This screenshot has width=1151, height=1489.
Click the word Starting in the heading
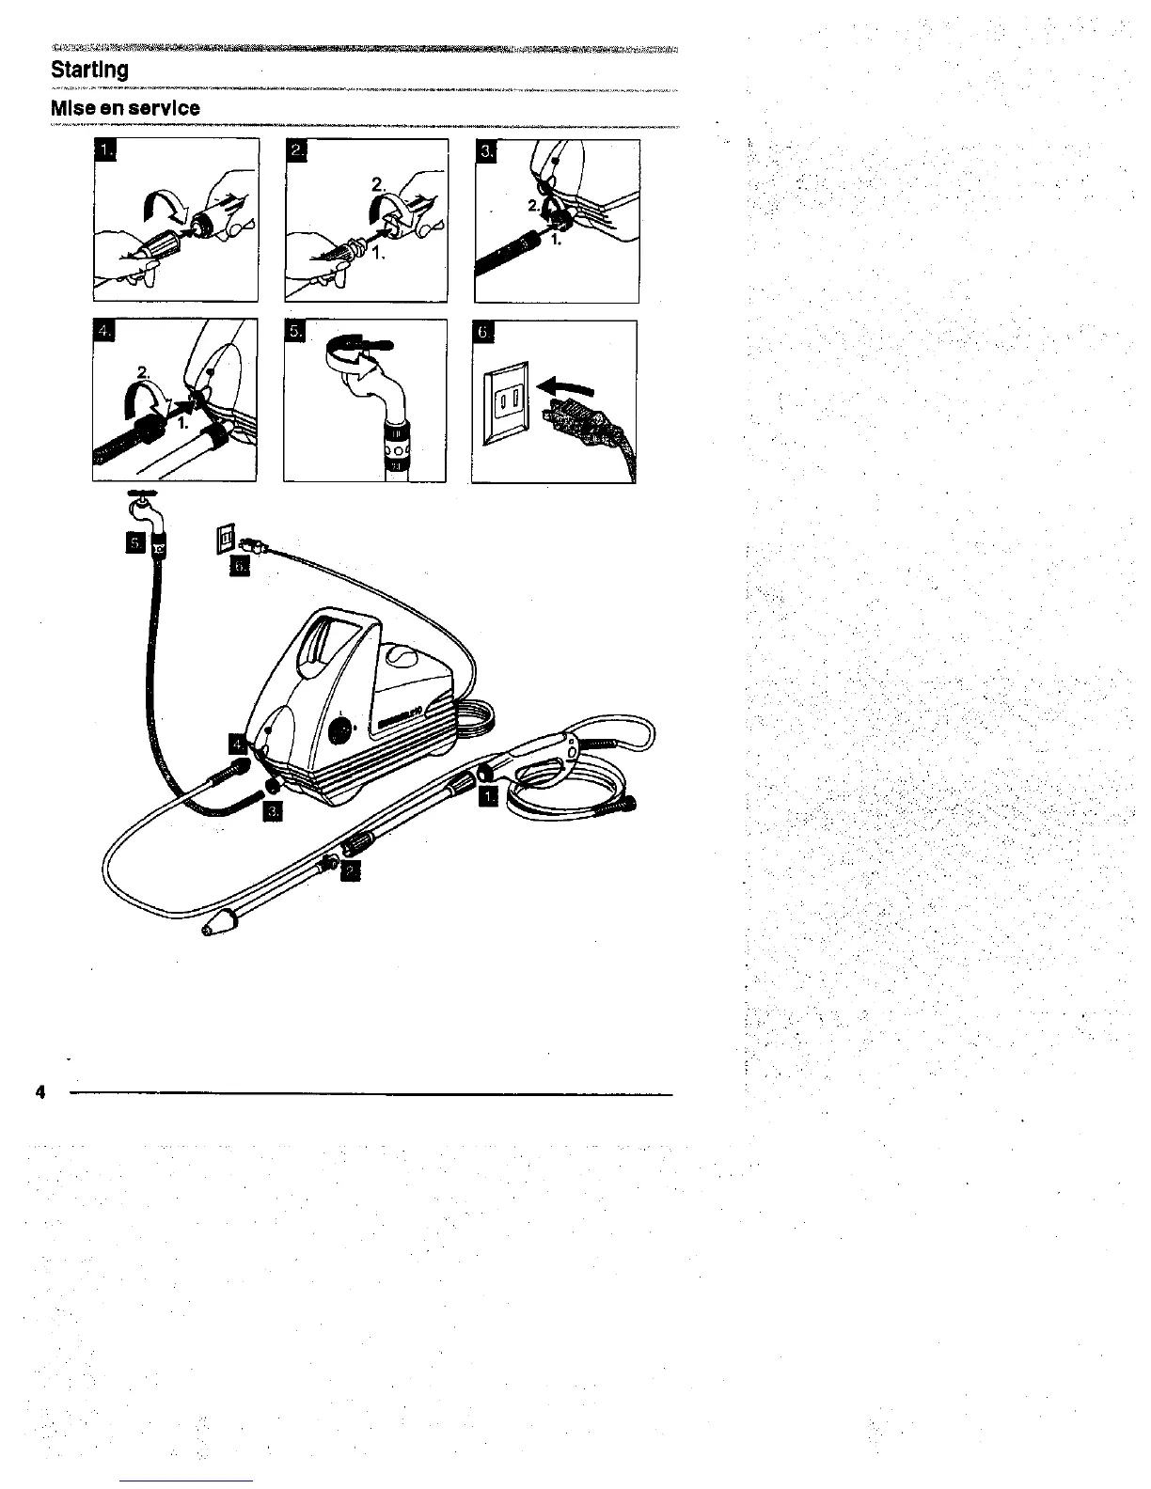[x=89, y=71]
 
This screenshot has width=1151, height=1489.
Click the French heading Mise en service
[x=125, y=108]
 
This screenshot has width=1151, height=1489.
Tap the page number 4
[x=39, y=1092]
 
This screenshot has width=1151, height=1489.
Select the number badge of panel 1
[x=103, y=149]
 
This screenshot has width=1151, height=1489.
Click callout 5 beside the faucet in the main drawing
[x=136, y=543]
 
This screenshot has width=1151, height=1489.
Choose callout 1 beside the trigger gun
[x=489, y=797]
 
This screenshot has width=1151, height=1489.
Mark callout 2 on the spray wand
[x=350, y=873]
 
